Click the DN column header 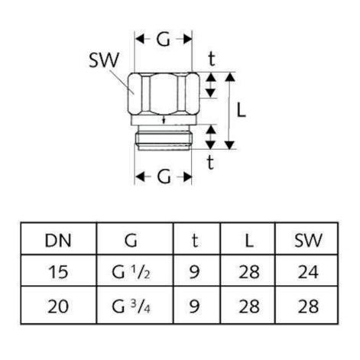coord(58,240)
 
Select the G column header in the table coord(131,240)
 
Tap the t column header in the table coord(195,240)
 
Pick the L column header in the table coord(249,240)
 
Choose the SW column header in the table coord(308,240)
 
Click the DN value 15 coord(58,272)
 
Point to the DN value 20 coord(58,306)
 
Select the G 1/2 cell coord(131,272)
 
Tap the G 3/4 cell coord(131,306)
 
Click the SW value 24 coord(308,272)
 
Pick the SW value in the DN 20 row coord(308,306)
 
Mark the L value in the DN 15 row coord(249,272)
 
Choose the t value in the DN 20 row coord(194,306)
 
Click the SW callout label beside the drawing coord(104,60)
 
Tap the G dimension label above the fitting coord(163,40)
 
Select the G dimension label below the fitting coord(164,177)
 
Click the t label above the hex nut coord(212,59)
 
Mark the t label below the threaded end coord(210,162)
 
